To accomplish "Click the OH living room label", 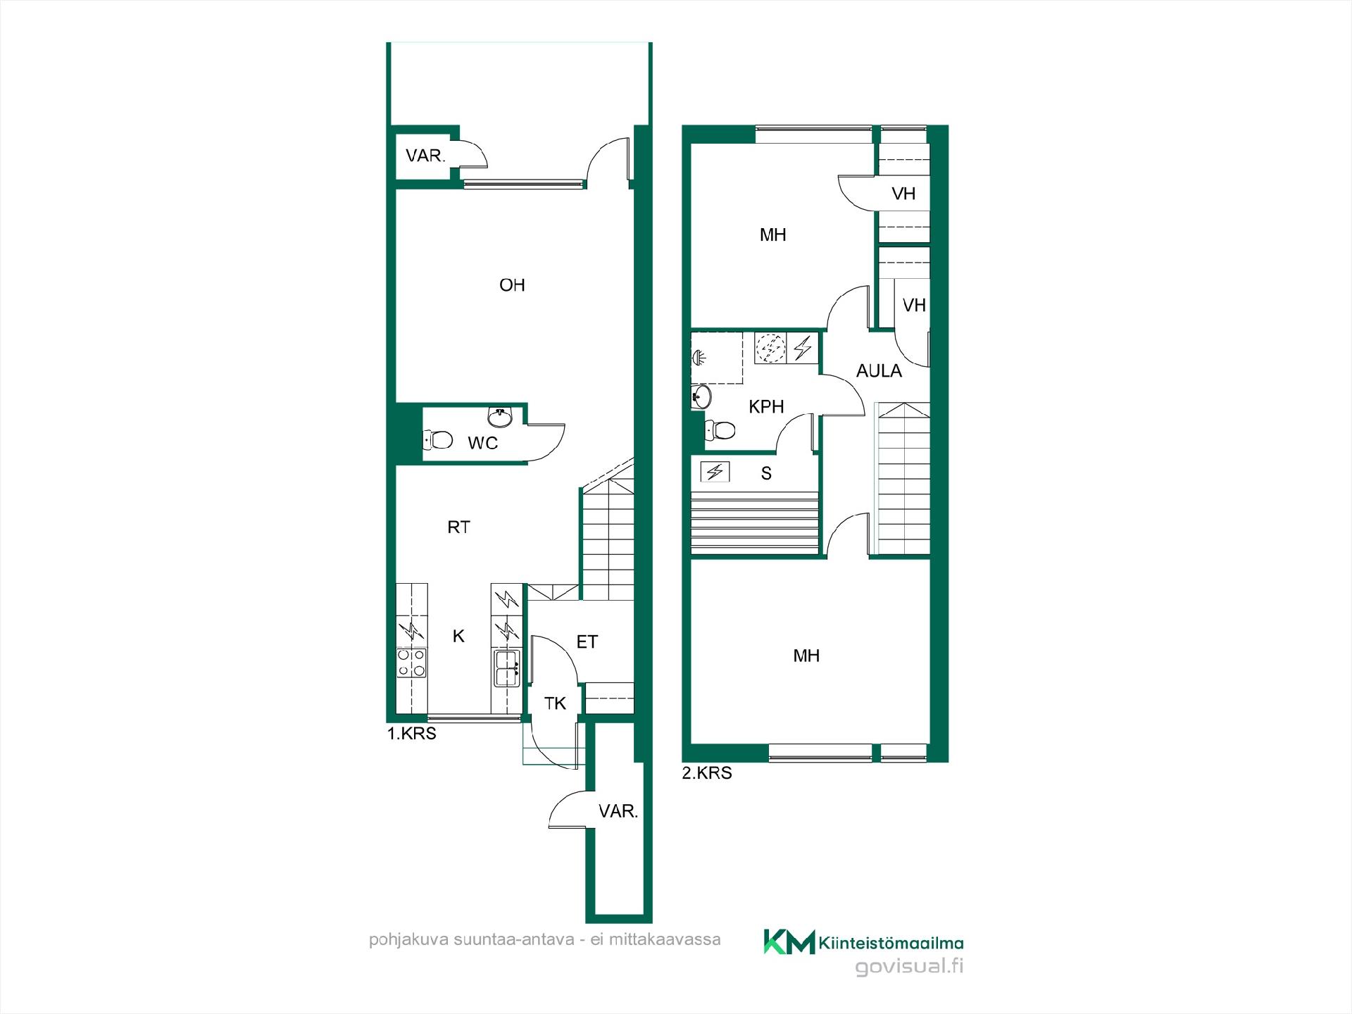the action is [x=512, y=285].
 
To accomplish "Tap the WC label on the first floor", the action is [x=483, y=443].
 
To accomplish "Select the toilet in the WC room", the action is [x=437, y=440].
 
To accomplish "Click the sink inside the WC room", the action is [x=500, y=416].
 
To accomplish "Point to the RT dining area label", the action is [x=458, y=527].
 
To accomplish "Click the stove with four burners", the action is [x=411, y=663].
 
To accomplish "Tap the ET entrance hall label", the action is [x=587, y=641].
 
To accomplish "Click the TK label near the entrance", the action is [x=556, y=703].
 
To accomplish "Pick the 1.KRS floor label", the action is [x=412, y=734].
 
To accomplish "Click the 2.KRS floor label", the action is [x=707, y=773].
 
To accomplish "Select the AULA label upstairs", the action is [x=879, y=371].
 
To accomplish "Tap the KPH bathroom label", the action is [x=766, y=407].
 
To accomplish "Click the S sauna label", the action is [x=766, y=473].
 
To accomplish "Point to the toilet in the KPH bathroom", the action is [x=720, y=429].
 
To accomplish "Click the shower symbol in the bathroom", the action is [x=699, y=357].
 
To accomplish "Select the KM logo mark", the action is [x=789, y=941].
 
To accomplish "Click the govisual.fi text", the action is [x=909, y=967].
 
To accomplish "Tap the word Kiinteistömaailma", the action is [x=891, y=943].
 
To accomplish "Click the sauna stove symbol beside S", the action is [x=715, y=472].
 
